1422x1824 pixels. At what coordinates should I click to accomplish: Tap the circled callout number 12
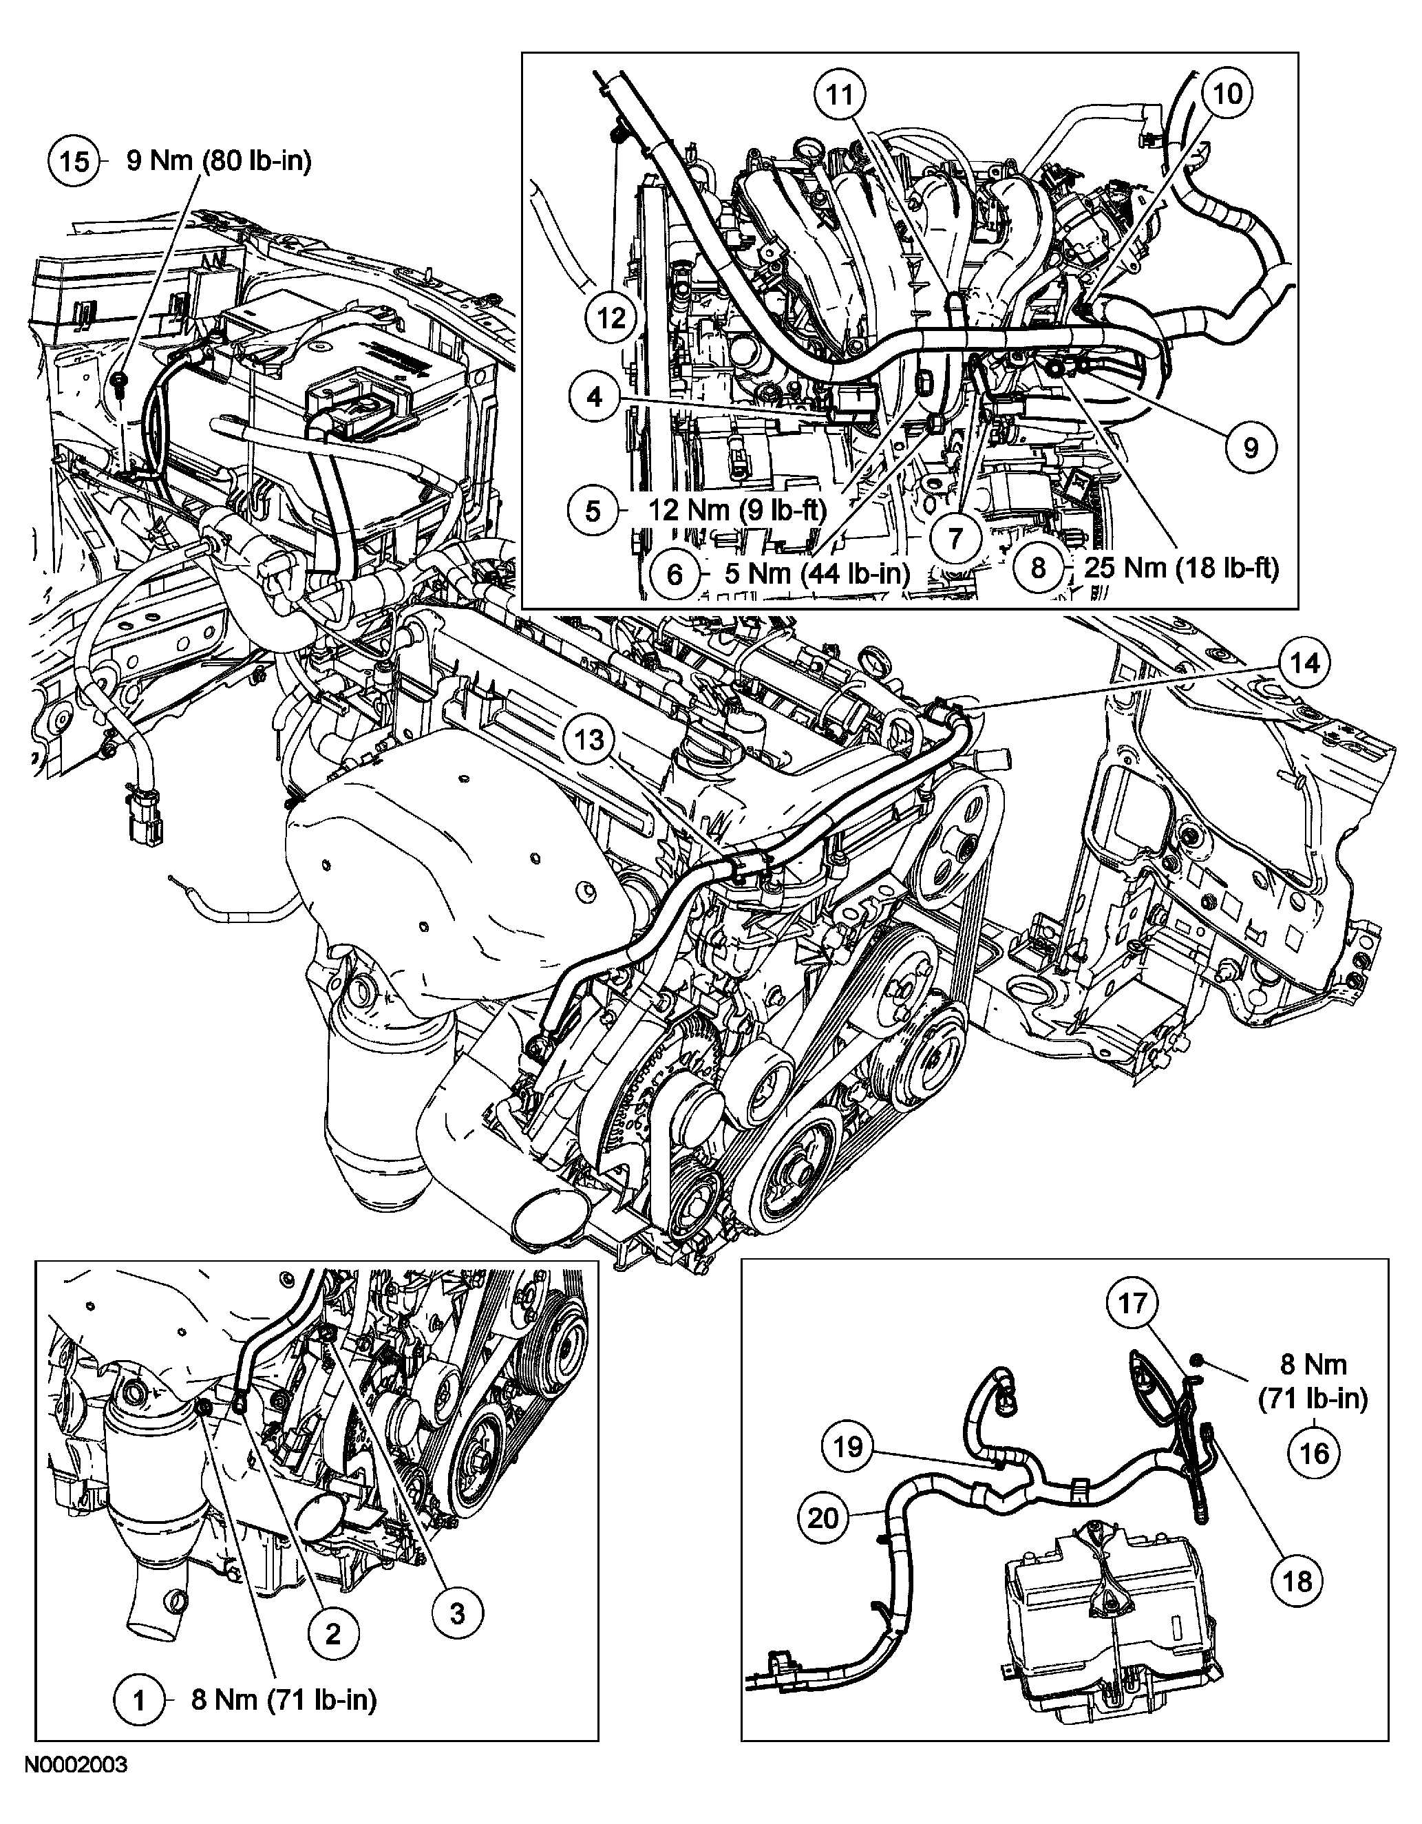pyautogui.click(x=611, y=318)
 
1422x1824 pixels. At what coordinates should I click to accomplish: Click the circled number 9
pyautogui.click(x=1251, y=449)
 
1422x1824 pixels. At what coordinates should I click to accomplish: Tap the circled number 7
pyautogui.click(x=955, y=537)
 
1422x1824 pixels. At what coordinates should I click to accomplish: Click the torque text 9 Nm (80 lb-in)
pyautogui.click(x=219, y=160)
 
